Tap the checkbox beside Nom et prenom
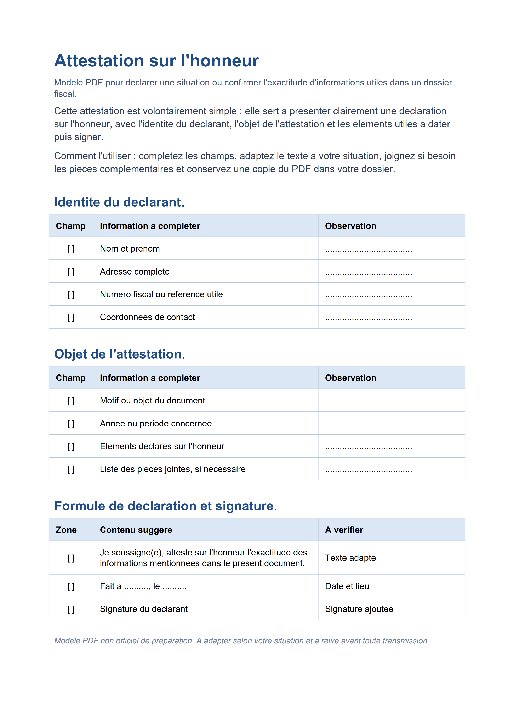71,249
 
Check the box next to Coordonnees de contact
71,317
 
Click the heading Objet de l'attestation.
120,354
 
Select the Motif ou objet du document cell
152,401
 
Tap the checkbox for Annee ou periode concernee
71,424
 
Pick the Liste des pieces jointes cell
172,469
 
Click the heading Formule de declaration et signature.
166,506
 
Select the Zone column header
66,530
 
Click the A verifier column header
344,530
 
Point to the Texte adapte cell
350,558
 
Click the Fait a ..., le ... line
143,586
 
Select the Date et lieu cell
347,586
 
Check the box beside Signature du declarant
71,609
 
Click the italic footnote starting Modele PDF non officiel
241,641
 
